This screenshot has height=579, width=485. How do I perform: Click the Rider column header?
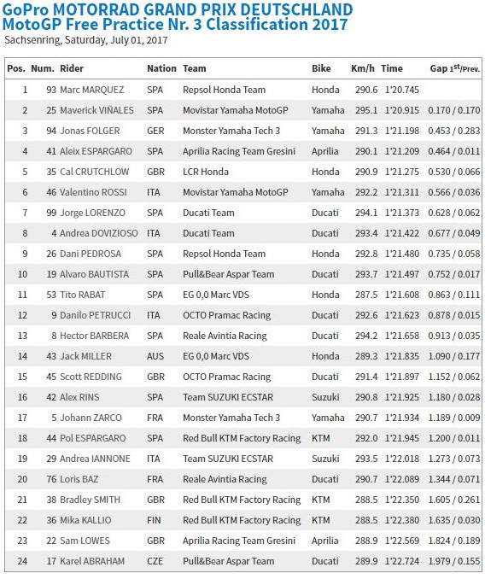pyautogui.click(x=72, y=68)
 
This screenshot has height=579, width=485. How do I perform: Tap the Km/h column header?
pyautogui.click(x=363, y=68)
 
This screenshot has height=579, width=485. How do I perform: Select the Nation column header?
pyautogui.click(x=161, y=68)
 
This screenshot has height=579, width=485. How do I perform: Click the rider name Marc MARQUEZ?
pyautogui.click(x=91, y=90)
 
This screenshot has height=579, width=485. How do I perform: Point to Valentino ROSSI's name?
pyautogui.click(x=93, y=192)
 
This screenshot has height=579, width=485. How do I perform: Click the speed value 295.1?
pyautogui.click(x=364, y=110)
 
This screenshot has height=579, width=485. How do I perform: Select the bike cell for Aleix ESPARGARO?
pyautogui.click(x=325, y=151)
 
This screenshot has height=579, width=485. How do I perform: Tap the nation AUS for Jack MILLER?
pyautogui.click(x=155, y=356)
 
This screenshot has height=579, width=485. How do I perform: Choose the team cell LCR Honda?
pyautogui.click(x=207, y=172)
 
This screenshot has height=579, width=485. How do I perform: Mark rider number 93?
pyautogui.click(x=50, y=90)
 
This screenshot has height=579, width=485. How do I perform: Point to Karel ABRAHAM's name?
pyautogui.click(x=93, y=561)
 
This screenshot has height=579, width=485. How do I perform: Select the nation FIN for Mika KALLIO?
pyautogui.click(x=155, y=520)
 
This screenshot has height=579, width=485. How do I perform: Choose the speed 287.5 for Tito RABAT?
pyautogui.click(x=364, y=295)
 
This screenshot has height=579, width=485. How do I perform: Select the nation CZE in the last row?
pyautogui.click(x=155, y=561)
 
